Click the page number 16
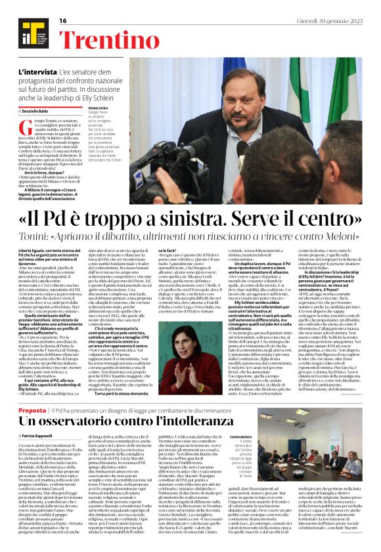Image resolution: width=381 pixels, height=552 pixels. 64,21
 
